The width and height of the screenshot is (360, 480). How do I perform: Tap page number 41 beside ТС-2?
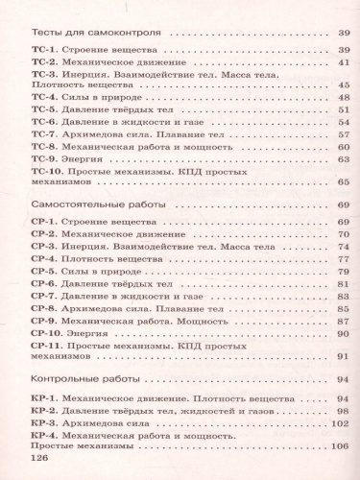[x=339, y=60]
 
